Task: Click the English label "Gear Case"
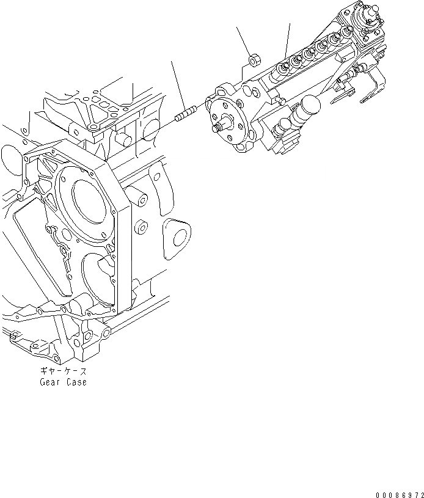point(63,383)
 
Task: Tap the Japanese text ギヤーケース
point(63,372)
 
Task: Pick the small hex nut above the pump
point(254,60)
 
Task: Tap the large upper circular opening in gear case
point(92,202)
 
